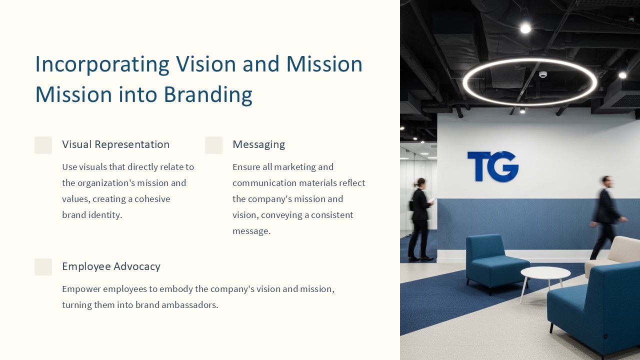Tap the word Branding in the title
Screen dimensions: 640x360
coord(208,95)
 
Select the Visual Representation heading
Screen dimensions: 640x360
coord(115,144)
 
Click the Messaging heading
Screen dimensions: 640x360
coord(259,145)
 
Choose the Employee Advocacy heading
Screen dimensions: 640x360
coord(111,266)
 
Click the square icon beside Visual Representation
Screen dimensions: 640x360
coord(43,145)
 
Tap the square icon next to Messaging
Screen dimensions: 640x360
coord(213,145)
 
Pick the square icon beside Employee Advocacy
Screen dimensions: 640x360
coord(43,267)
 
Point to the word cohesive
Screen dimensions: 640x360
coord(152,199)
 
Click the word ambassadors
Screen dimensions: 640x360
coord(189,305)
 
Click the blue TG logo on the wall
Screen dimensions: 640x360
coord(493,166)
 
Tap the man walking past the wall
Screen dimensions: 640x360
coord(606,217)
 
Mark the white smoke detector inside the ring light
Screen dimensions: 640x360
coord(543,74)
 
